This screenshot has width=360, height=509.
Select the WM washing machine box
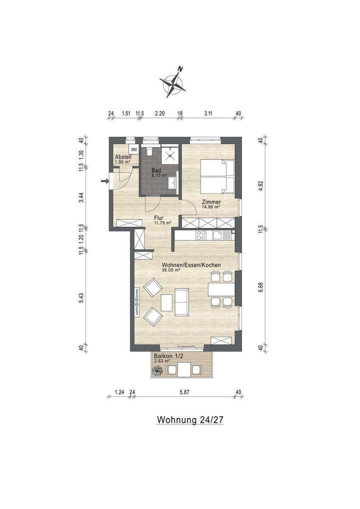coord(133,149)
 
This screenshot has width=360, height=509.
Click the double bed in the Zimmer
coord(218,176)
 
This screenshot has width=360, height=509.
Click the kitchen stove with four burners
coord(201,234)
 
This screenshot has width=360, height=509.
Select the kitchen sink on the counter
coord(219,234)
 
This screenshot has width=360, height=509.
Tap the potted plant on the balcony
coord(158,370)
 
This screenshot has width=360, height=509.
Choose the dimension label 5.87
coord(184,392)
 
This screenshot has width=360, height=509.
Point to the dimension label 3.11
coord(208,113)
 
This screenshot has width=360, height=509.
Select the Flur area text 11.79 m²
coord(162,223)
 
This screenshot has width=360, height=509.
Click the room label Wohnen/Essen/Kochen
coord(191,265)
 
